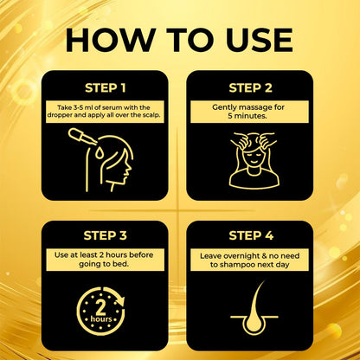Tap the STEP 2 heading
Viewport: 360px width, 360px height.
click(x=250, y=87)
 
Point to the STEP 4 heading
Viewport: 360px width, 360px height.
click(x=250, y=235)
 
